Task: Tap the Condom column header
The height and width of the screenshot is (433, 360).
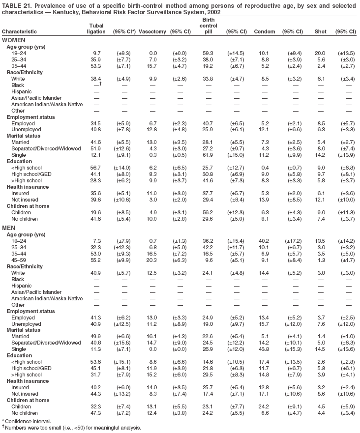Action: click(x=264, y=32)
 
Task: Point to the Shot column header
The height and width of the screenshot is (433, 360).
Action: click(x=320, y=32)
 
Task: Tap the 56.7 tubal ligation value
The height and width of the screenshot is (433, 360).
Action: click(x=97, y=168)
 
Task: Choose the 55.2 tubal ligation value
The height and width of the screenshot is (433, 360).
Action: click(x=97, y=260)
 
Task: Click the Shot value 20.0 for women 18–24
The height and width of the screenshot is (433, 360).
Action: click(x=320, y=53)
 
